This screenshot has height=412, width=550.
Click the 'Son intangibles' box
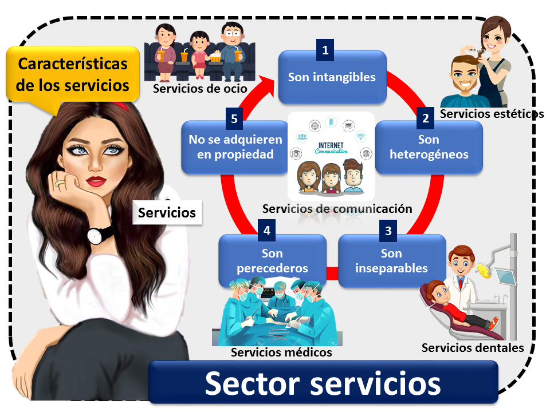[332, 77]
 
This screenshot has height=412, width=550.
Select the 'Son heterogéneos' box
[429, 148]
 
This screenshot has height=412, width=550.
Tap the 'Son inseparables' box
[392, 261]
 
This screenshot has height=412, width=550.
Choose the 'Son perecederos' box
[273, 261]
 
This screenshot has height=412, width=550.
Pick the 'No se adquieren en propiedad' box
[235, 147]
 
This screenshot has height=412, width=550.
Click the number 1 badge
[325, 50]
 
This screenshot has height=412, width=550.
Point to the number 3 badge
[388, 231]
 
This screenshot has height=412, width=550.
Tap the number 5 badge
[234, 118]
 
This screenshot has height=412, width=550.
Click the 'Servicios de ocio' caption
[200, 89]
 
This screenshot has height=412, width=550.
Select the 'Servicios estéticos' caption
[492, 114]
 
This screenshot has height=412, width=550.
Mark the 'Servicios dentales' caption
[473, 347]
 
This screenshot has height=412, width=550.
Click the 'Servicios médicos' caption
[281, 352]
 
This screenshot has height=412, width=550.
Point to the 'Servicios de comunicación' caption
[337, 209]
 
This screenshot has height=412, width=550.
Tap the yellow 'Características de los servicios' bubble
[72, 75]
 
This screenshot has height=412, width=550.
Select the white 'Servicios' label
[167, 213]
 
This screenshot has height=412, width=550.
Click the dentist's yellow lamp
[488, 267]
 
